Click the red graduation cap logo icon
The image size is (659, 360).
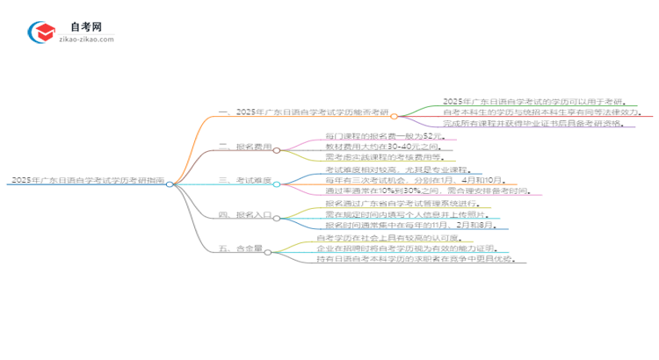(41, 32)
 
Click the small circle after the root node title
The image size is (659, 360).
(170, 184)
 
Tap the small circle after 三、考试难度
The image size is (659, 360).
(279, 184)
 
